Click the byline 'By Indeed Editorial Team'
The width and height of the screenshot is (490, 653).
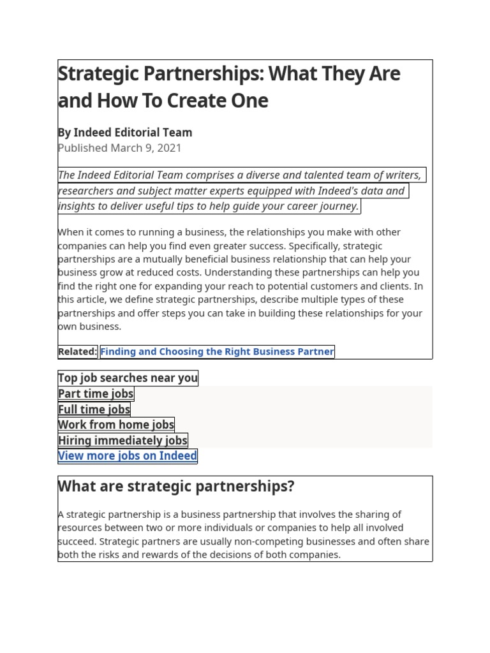(x=124, y=133)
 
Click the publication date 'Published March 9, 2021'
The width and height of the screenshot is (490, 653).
(x=119, y=148)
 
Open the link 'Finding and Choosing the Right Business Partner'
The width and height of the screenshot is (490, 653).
(x=217, y=351)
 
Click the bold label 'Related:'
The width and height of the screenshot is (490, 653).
(x=77, y=351)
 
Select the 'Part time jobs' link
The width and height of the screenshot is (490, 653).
(x=96, y=394)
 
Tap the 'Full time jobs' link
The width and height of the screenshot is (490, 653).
(x=94, y=409)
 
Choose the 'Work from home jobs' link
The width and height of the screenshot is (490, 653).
(x=115, y=425)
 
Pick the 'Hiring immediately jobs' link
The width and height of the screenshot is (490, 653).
(x=122, y=440)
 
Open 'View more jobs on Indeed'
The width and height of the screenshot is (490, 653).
(x=128, y=455)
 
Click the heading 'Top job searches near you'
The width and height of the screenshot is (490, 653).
(x=128, y=378)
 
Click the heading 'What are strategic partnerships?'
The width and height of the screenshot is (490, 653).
(x=176, y=487)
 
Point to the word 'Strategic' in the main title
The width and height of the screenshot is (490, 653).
(x=97, y=74)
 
